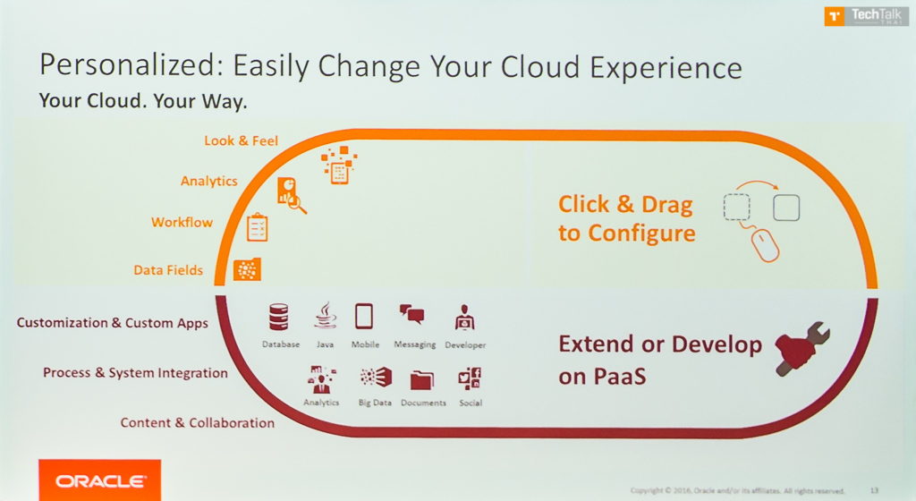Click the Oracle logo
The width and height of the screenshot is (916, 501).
point(99,480)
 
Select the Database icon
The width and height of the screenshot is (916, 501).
point(279,318)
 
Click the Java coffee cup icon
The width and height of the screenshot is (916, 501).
point(325,316)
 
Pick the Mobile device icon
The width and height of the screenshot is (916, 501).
point(364,317)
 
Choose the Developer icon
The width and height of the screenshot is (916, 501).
point(464,318)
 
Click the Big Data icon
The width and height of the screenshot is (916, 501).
point(375,378)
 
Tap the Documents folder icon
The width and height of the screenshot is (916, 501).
point(422,379)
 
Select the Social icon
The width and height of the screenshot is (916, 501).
point(470,378)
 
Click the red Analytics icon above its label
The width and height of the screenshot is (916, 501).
point(320,379)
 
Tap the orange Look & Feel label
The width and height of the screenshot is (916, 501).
point(241,140)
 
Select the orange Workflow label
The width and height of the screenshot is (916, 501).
point(182,222)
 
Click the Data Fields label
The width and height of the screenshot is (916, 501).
point(168,269)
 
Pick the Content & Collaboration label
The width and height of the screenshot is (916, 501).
point(198,422)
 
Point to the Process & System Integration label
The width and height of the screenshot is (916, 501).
point(135,372)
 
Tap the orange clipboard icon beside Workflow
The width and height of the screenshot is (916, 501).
point(257,227)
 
